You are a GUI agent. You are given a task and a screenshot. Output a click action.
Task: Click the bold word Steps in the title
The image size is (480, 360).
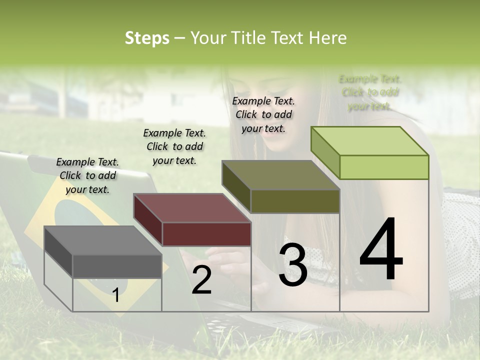[x=147, y=38]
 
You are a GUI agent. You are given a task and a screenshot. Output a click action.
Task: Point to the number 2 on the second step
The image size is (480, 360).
[x=201, y=280]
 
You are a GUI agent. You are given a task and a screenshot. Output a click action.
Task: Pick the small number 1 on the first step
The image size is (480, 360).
[x=116, y=295]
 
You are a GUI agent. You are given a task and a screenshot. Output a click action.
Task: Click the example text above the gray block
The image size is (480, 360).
[x=87, y=175]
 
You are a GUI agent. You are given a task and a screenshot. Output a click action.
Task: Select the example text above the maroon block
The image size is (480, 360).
[x=174, y=146]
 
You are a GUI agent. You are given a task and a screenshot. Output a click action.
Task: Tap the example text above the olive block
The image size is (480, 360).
[x=263, y=114]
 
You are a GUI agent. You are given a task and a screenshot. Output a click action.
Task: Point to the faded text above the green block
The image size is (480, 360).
[x=370, y=92]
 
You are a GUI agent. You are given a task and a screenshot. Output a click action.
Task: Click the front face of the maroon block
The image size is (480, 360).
[x=206, y=234]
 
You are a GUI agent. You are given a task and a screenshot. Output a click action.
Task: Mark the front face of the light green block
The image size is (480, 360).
[x=384, y=167]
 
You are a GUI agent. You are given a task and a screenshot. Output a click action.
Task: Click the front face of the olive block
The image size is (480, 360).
[x=295, y=201]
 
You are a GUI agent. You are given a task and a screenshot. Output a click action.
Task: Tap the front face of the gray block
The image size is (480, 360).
[x=117, y=266]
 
